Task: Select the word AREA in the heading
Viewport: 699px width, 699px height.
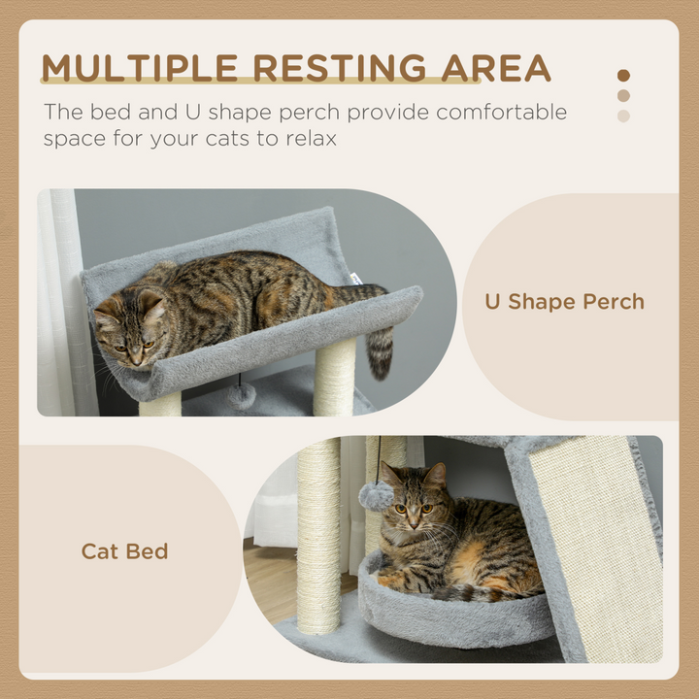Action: point(496,69)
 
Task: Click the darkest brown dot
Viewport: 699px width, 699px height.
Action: point(623,75)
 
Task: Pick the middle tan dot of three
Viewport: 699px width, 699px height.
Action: point(623,95)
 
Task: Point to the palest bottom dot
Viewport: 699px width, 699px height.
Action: point(623,116)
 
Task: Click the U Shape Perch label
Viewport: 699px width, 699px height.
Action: point(564,301)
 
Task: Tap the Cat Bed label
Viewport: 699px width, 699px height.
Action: point(124,551)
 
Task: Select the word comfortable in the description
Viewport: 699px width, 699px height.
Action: point(501,112)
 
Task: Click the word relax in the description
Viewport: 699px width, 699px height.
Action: point(309,139)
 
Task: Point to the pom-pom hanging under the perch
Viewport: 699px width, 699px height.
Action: point(241,395)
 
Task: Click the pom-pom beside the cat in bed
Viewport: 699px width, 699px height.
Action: point(376,496)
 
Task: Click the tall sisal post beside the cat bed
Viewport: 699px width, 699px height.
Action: point(318,534)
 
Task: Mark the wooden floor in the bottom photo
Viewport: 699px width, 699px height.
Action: point(272,582)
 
